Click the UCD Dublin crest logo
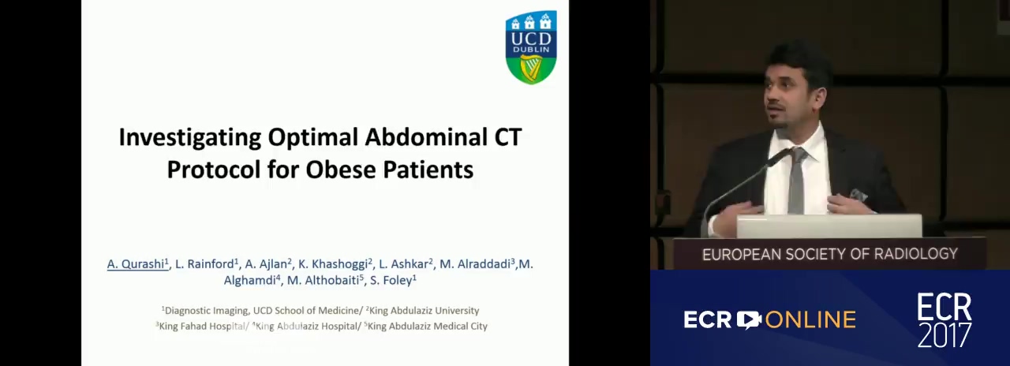pos(531,47)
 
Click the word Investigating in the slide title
pos(190,138)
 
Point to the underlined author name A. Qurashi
pos(137,263)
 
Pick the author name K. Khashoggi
pos(335,263)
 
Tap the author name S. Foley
pos(393,280)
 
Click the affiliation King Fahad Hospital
pos(201,326)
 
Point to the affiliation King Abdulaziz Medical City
pos(426,326)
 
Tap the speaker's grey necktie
pos(797,181)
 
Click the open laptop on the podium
pos(829,226)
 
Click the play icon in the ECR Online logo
pos(749,319)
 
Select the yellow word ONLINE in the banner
pos(810,320)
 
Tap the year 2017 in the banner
pos(945,335)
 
